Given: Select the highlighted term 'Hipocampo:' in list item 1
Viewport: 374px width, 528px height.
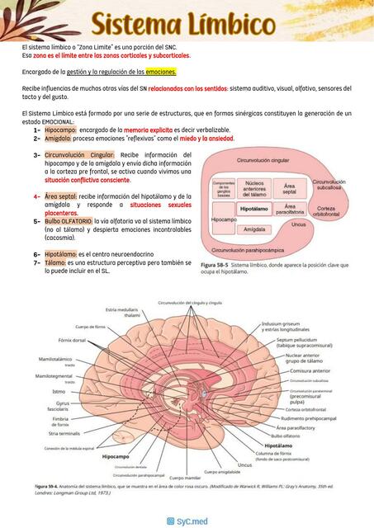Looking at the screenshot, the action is (x=61, y=130).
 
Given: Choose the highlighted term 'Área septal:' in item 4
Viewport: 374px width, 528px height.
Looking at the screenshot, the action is (x=61, y=196).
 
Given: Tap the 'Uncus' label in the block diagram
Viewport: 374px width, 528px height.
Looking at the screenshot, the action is (x=299, y=224).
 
